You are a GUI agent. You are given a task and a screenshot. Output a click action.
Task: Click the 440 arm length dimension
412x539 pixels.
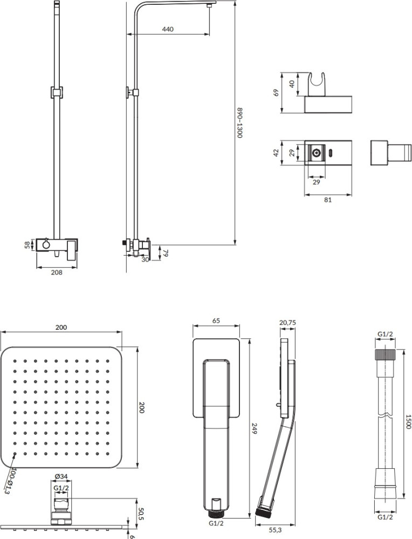click(x=168, y=29)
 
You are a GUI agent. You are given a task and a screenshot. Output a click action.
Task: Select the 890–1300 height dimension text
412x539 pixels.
click(x=240, y=122)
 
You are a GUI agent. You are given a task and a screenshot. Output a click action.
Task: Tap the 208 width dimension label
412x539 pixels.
click(x=57, y=272)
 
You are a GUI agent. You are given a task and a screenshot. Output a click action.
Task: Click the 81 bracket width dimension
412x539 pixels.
click(x=328, y=200)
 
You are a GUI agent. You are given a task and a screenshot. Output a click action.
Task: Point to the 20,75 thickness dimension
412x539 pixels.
click(x=287, y=323)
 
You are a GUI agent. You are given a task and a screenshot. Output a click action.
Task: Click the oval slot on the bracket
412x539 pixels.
click(x=331, y=152)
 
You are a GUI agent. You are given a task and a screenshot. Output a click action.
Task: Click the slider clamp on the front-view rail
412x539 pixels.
click(x=57, y=92)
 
